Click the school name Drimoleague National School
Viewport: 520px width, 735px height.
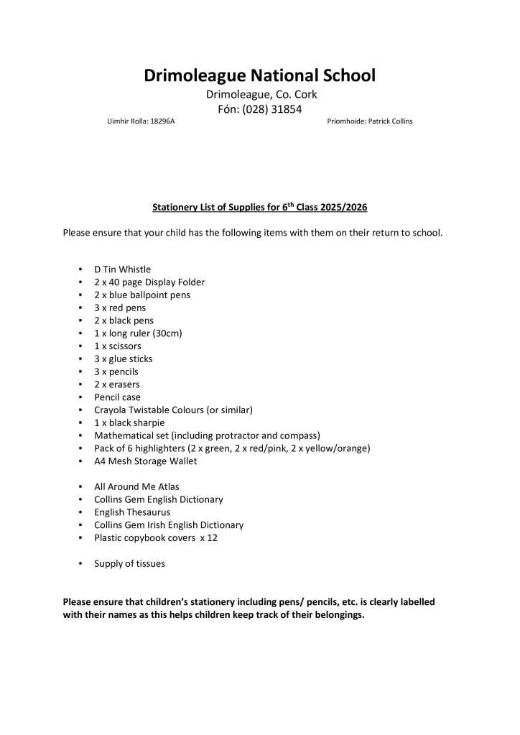tap(259, 75)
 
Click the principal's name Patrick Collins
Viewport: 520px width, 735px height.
tap(390, 121)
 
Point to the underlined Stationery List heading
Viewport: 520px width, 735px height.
tap(259, 208)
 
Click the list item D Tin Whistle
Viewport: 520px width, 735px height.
tap(122, 269)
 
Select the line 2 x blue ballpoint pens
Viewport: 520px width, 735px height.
tap(142, 295)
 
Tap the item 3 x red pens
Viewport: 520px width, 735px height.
tap(120, 308)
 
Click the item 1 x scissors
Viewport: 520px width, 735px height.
tap(118, 346)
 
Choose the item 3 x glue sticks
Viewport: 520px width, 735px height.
tap(124, 359)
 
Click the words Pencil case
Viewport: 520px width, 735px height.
tap(117, 397)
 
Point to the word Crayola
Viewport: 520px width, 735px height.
tap(111, 410)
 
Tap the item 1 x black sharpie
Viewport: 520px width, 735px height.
tap(129, 422)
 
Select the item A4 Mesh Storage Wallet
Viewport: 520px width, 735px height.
tap(145, 461)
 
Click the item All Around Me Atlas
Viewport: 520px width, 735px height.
tap(136, 486)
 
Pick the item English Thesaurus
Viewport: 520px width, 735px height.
tap(132, 512)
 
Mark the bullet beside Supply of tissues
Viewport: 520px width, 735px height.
tap(80, 564)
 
